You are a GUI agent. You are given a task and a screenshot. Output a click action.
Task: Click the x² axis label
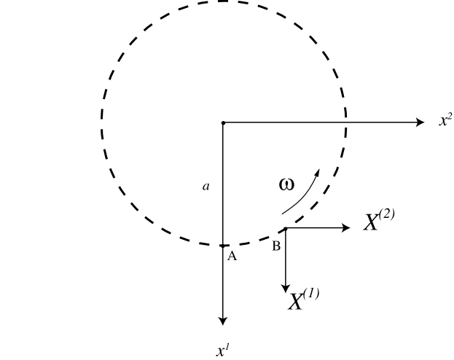coord(445,121)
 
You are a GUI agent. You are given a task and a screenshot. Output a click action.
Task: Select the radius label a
coord(206,187)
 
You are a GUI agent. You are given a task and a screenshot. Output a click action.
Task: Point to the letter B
coord(276,247)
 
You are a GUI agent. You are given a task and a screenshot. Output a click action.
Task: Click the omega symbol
coord(286,184)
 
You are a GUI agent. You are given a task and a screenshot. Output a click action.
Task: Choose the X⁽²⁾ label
coord(379,222)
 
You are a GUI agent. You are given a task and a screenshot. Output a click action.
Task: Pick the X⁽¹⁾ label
coord(303,300)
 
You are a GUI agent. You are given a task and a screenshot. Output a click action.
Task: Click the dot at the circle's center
coord(223,122)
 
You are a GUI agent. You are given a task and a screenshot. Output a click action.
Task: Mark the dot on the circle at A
coord(223,246)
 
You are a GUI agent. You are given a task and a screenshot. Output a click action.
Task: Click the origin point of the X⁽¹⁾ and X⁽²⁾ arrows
coord(285,228)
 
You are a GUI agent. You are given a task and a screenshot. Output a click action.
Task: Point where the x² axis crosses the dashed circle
coord(345,122)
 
